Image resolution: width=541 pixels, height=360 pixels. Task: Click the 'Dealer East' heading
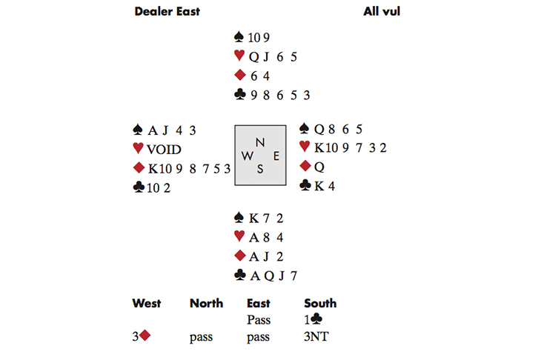167,11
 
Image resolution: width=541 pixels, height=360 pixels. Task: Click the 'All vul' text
382,11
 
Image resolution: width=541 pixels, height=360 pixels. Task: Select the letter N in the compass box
259,141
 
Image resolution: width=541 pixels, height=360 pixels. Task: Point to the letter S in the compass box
259,169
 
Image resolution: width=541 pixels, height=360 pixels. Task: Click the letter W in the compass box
246,156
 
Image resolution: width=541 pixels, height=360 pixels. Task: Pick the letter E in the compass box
275,156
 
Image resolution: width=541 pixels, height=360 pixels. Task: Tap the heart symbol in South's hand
239,237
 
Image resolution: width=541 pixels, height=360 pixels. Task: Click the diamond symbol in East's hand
304,166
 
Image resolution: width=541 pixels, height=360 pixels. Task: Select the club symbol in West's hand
138,187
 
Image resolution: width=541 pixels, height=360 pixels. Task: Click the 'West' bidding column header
147,303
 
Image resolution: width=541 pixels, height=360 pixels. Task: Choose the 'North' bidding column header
206,303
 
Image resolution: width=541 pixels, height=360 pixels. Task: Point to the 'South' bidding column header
320,303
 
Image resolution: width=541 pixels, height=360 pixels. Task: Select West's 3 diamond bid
142,337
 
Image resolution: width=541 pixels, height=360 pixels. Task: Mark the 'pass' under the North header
201,337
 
